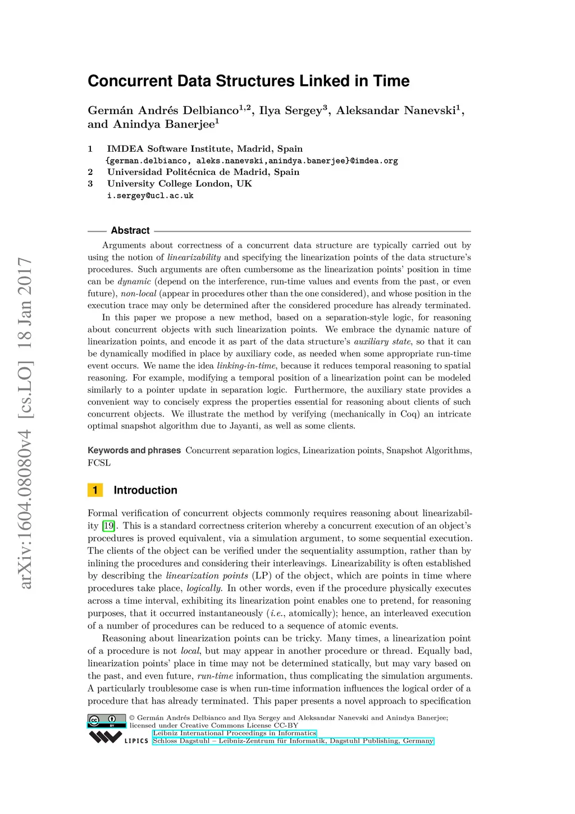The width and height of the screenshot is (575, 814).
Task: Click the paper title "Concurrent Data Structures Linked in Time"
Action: click(x=248, y=81)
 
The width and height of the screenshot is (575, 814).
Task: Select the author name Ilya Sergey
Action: click(x=290, y=110)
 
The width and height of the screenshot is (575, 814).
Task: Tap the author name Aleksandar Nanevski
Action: click(x=395, y=110)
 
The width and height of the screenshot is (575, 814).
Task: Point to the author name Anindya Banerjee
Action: click(x=164, y=124)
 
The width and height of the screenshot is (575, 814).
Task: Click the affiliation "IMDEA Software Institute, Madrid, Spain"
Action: click(x=204, y=149)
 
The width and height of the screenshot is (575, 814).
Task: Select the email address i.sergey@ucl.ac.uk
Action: click(x=150, y=196)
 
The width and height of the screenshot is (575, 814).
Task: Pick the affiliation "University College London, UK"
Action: click(x=179, y=184)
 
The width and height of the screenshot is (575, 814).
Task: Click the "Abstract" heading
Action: click(x=130, y=230)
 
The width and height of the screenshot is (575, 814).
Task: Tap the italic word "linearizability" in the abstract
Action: click(x=194, y=257)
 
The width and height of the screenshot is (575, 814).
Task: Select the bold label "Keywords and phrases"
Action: click(x=134, y=450)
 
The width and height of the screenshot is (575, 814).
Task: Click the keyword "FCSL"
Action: click(x=99, y=463)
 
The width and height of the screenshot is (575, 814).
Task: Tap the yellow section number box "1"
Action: click(x=95, y=490)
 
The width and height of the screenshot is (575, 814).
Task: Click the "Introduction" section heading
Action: click(x=145, y=490)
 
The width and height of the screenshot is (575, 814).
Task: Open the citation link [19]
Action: click(x=108, y=526)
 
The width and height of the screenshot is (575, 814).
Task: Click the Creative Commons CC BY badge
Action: click(x=107, y=721)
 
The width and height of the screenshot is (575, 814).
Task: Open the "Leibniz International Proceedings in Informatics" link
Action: click(x=235, y=733)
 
